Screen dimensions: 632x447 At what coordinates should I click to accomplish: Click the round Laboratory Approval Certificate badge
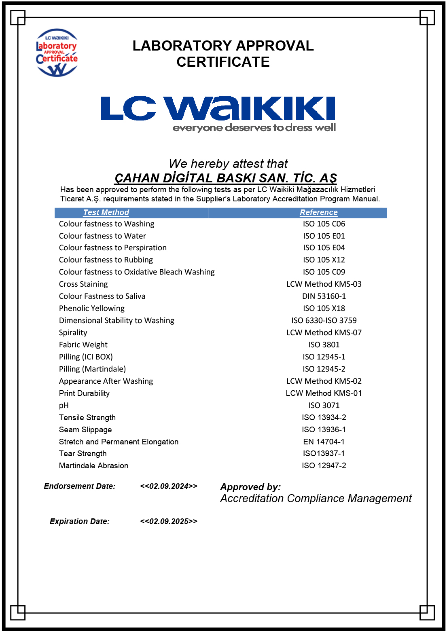click(57, 53)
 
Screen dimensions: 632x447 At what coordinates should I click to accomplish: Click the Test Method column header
click(106, 213)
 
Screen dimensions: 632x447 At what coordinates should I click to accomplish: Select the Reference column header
click(318, 213)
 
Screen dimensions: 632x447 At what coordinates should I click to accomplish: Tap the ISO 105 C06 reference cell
click(324, 224)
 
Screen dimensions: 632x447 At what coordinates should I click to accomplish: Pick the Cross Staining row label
click(83, 284)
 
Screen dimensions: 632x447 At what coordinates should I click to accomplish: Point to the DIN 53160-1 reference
click(324, 296)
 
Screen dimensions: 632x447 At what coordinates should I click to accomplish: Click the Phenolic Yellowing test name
click(92, 309)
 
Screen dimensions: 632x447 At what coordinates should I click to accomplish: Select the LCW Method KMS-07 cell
click(324, 333)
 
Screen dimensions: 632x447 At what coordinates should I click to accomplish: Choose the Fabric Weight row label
click(83, 345)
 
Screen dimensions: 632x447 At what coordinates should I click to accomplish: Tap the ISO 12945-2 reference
click(324, 369)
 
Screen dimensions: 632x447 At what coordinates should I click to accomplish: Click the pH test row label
click(64, 406)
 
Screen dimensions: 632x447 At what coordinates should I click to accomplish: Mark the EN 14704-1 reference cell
click(324, 442)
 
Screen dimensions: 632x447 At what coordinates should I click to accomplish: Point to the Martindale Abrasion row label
click(93, 466)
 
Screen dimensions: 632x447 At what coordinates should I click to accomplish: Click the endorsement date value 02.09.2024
click(169, 486)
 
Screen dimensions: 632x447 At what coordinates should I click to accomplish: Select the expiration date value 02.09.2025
click(169, 522)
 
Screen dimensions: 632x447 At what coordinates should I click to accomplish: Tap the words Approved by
click(250, 487)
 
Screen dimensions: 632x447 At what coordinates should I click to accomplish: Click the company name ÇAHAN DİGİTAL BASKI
click(225, 178)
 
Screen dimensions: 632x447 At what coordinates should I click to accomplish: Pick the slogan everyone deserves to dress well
click(254, 128)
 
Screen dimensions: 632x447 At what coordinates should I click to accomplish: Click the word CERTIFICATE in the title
click(223, 62)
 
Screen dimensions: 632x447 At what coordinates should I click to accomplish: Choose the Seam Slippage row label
click(85, 430)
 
